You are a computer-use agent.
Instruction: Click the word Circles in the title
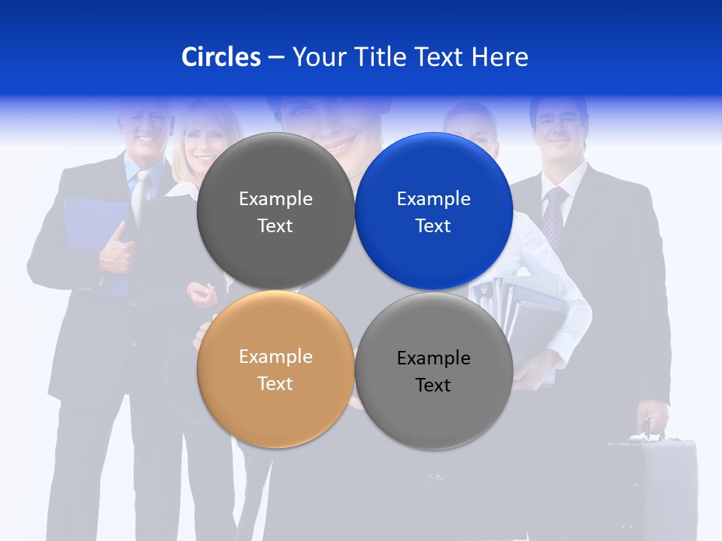click(x=221, y=56)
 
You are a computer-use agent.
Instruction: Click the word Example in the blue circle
click(x=434, y=198)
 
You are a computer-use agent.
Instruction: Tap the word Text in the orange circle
click(x=275, y=383)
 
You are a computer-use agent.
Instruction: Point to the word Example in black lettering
click(x=434, y=358)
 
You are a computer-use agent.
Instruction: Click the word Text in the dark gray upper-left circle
click(x=275, y=225)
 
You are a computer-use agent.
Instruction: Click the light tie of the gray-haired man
click(x=140, y=199)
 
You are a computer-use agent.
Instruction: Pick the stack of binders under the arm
click(x=526, y=316)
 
